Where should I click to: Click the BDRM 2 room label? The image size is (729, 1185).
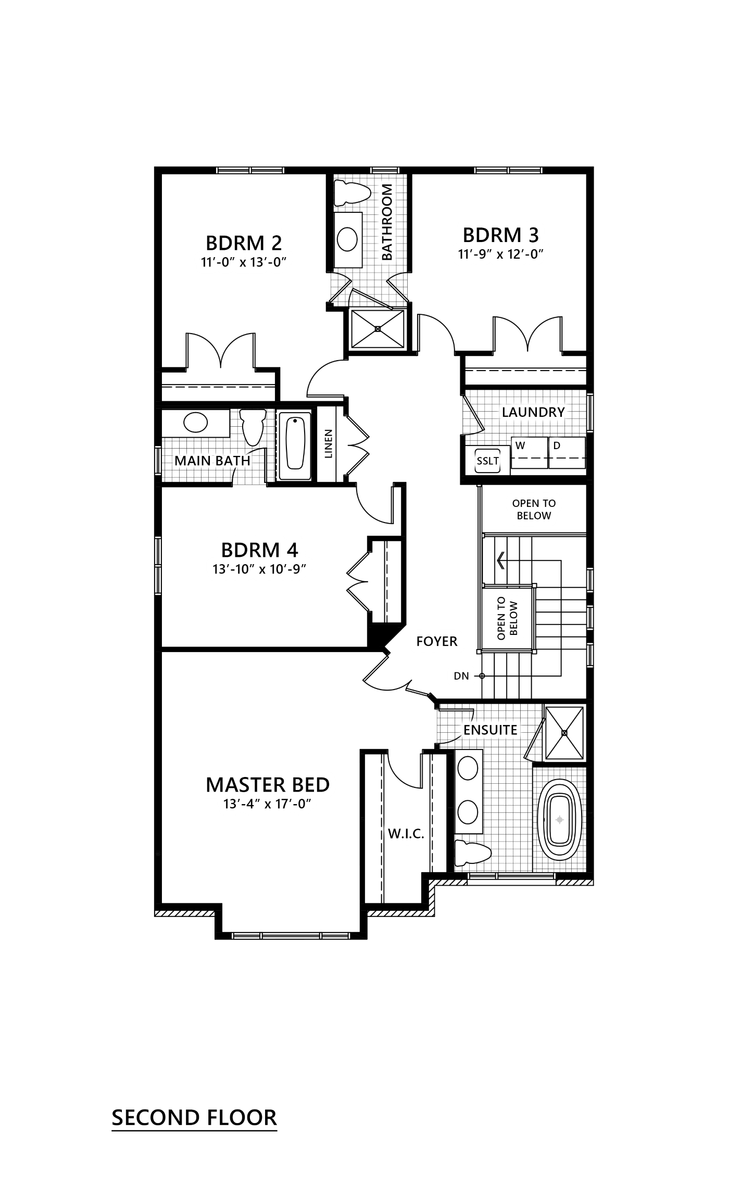click(244, 243)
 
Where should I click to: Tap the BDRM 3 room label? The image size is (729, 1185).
click(500, 235)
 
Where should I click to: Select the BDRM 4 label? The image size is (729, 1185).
click(262, 550)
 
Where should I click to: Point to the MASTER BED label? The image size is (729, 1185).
click(268, 784)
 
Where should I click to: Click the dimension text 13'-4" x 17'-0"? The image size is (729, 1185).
click(268, 804)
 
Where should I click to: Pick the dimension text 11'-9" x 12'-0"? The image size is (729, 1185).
click(501, 254)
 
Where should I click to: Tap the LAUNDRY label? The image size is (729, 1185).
click(533, 412)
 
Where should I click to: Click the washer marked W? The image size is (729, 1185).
click(520, 445)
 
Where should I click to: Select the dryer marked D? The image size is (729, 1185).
click(557, 445)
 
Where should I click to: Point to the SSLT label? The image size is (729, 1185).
click(488, 461)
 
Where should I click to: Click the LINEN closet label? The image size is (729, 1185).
click(328, 444)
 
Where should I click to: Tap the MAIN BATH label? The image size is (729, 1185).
click(212, 461)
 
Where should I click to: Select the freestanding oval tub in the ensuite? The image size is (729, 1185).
click(560, 820)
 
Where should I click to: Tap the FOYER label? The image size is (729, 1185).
click(436, 641)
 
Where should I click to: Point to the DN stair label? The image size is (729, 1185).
click(461, 676)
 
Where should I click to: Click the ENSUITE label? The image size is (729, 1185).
click(491, 730)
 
